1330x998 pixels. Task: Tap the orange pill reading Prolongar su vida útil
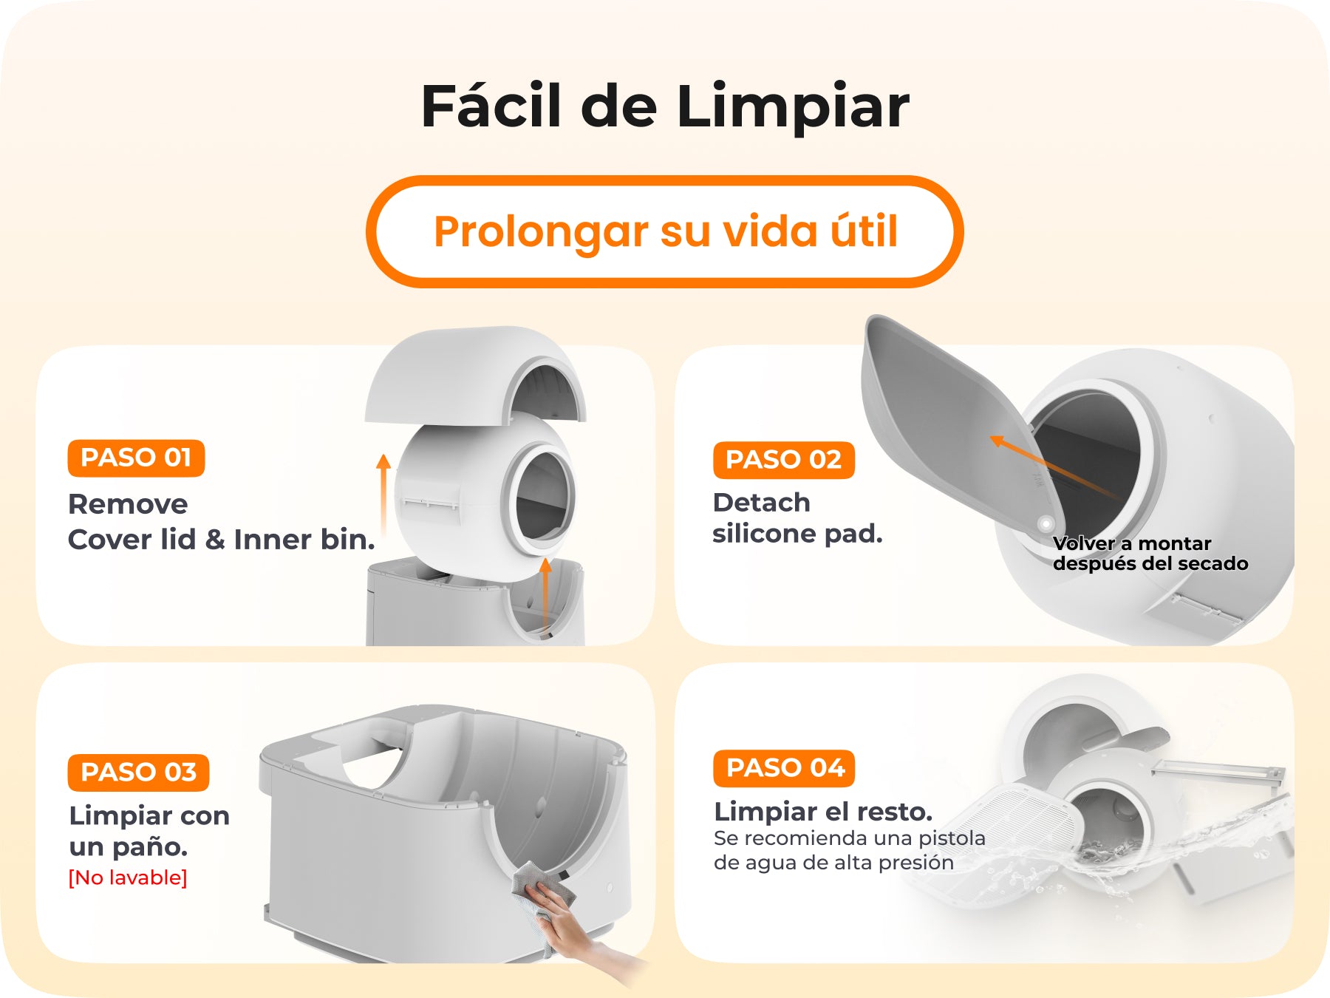(x=665, y=231)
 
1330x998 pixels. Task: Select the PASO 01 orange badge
(x=136, y=458)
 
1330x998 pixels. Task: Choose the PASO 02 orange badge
(x=783, y=460)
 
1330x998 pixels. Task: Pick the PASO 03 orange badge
(x=138, y=773)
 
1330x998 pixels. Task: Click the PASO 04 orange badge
(x=785, y=768)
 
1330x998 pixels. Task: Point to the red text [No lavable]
(x=128, y=878)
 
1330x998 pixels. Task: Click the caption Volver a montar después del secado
(x=1150, y=554)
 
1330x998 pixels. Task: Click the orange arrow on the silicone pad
(x=1053, y=466)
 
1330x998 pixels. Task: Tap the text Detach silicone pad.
(x=797, y=517)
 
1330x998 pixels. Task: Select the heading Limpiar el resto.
(x=823, y=812)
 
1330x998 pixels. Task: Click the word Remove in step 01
(x=128, y=504)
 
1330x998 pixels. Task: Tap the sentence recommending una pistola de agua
(x=850, y=850)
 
